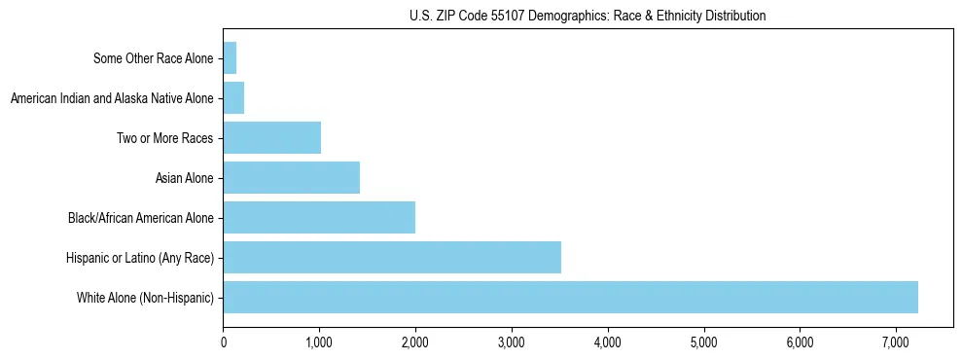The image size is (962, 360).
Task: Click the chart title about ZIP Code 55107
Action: click(x=588, y=16)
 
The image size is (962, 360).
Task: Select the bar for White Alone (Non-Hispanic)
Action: click(x=570, y=297)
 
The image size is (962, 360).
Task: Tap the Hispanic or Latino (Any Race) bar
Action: click(x=392, y=257)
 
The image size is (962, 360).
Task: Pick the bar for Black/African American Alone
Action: click(x=319, y=217)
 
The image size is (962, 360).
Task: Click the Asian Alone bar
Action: click(x=291, y=177)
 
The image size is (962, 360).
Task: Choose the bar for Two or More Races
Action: click(x=271, y=137)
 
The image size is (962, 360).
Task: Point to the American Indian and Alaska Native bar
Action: click(x=233, y=97)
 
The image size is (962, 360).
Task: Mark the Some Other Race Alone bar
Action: click(x=230, y=58)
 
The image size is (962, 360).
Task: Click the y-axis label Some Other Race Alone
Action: click(x=153, y=58)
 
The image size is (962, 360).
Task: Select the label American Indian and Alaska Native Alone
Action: click(x=112, y=97)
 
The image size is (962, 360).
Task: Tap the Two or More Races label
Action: click(x=164, y=137)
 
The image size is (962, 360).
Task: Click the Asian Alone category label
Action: click(x=184, y=177)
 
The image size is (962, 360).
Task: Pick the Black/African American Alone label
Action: click(x=140, y=217)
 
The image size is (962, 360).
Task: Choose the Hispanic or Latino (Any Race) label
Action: click(x=140, y=257)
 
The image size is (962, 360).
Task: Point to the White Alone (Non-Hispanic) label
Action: click(x=145, y=297)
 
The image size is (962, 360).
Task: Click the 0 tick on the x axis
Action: click(x=224, y=342)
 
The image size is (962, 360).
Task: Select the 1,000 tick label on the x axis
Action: click(x=319, y=342)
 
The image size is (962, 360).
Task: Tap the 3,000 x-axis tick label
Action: click(x=512, y=342)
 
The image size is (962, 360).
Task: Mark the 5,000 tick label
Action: click(x=703, y=342)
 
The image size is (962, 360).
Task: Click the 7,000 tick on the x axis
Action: click(x=895, y=342)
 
